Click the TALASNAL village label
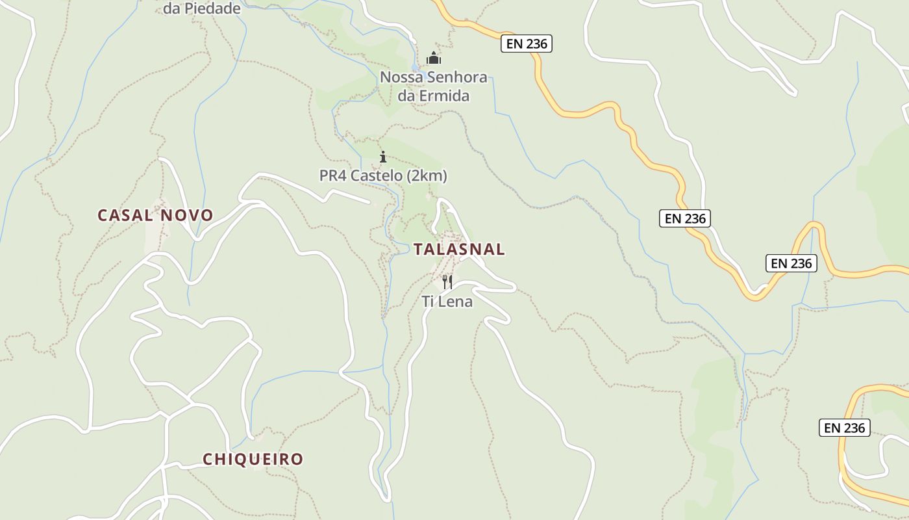(459, 249)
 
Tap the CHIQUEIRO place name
(253, 459)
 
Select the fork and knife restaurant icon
(447, 281)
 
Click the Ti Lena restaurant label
(447, 302)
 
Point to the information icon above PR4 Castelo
(383, 157)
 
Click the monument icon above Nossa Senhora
(434, 58)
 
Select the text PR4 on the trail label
(333, 176)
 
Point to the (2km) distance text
(429, 176)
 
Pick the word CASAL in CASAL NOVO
(126, 215)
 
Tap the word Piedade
(212, 8)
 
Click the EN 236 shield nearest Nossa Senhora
(526, 44)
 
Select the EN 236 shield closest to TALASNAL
(685, 218)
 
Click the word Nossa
(400, 77)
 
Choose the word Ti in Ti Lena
(427, 302)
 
